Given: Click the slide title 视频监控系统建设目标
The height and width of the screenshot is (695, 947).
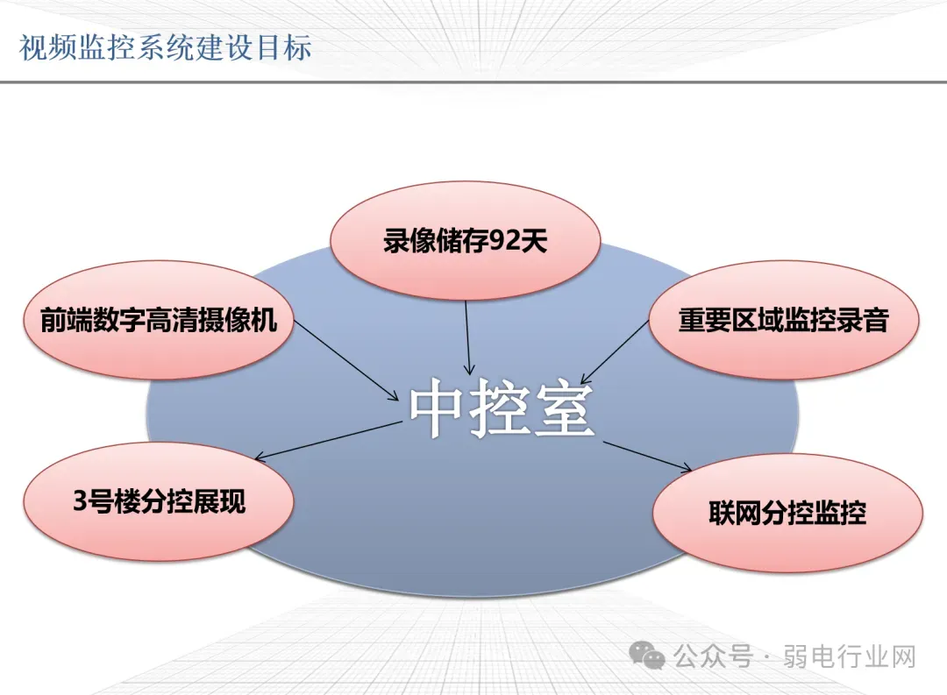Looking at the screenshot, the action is [x=165, y=47].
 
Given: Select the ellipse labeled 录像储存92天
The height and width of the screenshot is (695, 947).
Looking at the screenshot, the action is [x=465, y=240].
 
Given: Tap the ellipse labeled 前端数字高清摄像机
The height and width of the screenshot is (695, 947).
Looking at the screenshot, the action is [x=158, y=320].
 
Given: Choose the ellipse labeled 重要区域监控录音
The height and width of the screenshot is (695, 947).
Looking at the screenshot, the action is [x=783, y=320].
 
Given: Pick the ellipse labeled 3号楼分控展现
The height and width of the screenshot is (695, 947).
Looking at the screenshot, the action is [x=158, y=501].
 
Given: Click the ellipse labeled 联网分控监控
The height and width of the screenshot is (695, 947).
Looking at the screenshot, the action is [x=787, y=514].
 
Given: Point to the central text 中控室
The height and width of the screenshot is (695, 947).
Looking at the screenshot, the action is [x=502, y=408].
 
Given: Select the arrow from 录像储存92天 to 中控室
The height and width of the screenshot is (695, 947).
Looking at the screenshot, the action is [x=467, y=337].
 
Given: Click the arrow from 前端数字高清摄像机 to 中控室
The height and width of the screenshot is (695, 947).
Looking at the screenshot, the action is [x=346, y=360].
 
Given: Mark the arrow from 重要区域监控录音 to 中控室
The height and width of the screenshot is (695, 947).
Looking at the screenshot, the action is [x=614, y=352].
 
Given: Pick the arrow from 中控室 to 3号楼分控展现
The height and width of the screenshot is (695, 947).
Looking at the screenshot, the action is [x=328, y=441].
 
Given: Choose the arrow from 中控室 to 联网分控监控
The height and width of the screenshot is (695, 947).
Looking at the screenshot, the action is [x=647, y=457].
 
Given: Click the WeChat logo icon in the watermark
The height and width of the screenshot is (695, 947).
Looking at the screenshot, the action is [x=647, y=656].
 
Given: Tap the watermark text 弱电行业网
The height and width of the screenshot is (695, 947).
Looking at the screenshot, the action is [x=850, y=656].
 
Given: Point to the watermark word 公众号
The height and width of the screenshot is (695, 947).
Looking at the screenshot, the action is [x=713, y=656].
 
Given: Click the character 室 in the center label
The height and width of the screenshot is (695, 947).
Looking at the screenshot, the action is [x=565, y=408].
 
